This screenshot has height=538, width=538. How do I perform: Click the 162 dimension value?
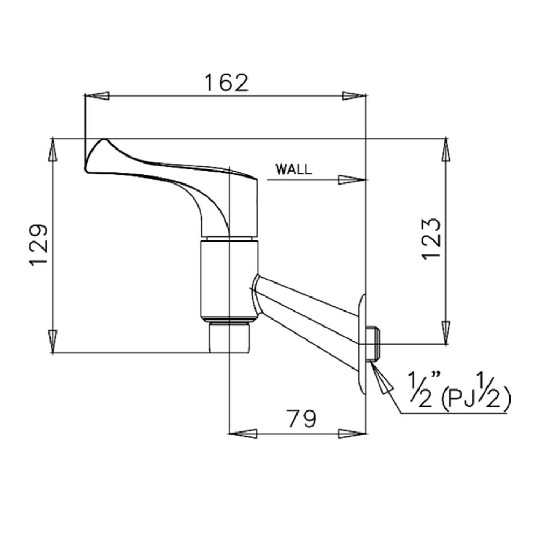tap(226, 83)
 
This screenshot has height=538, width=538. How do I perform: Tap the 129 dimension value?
tap(38, 245)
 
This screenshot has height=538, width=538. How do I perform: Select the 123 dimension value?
tap(430, 239)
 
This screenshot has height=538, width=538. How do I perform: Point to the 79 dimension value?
tap(302, 419)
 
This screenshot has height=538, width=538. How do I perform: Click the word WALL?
tap(294, 169)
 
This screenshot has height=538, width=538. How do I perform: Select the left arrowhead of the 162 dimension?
tap(97, 96)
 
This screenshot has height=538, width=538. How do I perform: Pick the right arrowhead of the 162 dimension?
tap(354, 96)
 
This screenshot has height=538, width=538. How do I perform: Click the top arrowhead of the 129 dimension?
tap(53, 150)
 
